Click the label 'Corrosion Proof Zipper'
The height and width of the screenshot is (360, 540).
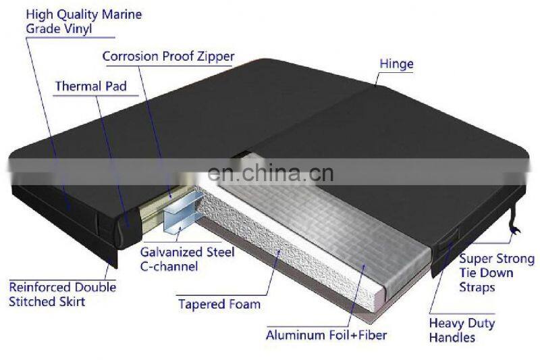coord(168,56)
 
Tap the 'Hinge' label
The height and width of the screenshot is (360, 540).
coord(396,65)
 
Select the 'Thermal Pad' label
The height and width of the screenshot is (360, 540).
coord(90,86)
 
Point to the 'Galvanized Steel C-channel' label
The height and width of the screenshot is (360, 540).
coord(187,259)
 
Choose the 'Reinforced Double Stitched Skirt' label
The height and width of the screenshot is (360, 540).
coord(62,294)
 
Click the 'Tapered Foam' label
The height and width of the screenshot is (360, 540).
coord(219,305)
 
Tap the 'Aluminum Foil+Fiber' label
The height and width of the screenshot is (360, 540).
coord(326,335)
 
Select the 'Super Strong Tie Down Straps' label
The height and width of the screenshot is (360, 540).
coord(496,273)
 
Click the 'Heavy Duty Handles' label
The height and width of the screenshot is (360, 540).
coord(462,330)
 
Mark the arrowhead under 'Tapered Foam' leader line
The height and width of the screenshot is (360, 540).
coord(281,251)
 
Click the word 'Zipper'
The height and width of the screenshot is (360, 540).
coord(213,56)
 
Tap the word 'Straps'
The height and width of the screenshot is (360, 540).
coord(477,287)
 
